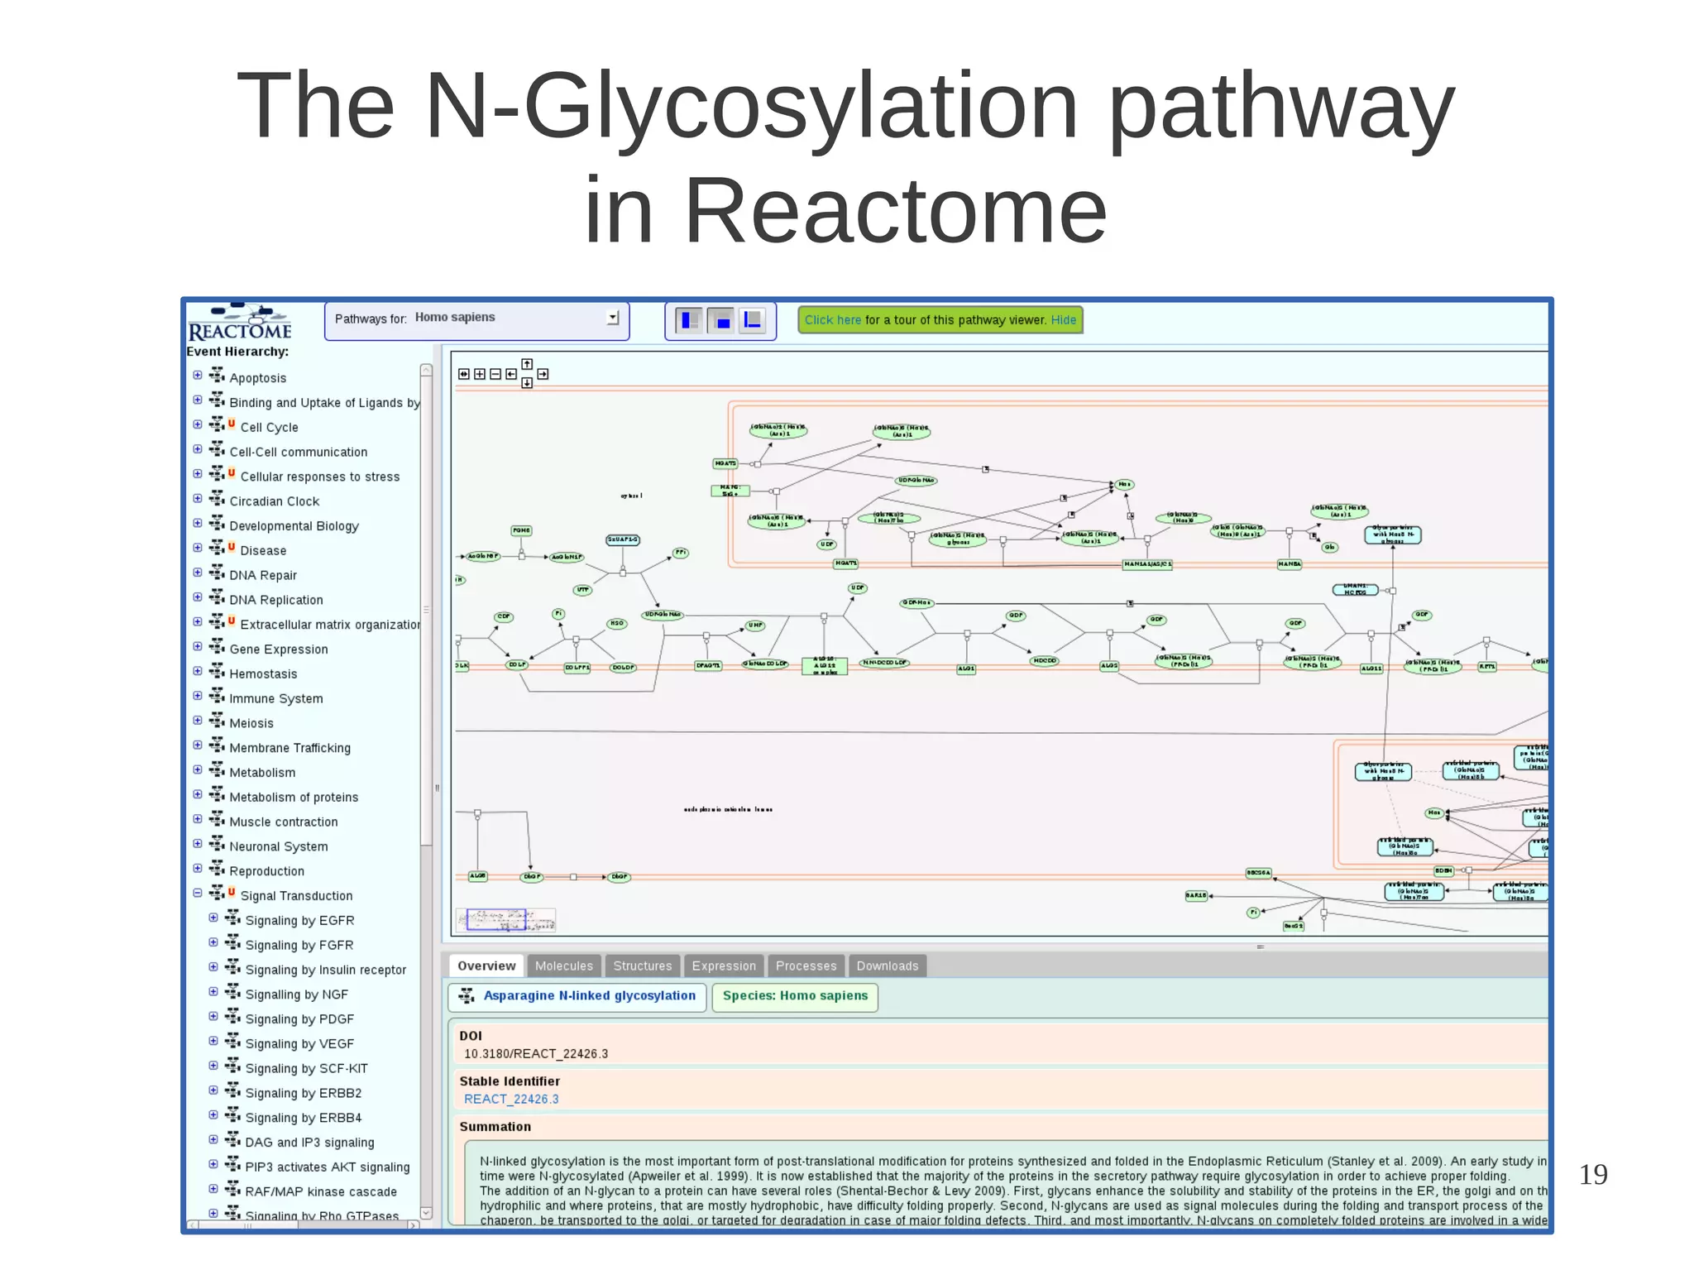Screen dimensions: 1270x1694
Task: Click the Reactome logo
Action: (240, 323)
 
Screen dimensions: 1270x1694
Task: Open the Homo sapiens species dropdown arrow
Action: (612, 318)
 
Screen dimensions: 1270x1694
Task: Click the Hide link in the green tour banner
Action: (1063, 320)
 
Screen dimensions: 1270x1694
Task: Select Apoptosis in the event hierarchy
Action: (257, 378)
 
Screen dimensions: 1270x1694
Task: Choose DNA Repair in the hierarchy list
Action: (262, 575)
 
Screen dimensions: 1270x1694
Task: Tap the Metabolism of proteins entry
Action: (293, 797)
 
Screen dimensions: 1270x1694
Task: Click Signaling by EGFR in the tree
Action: (299, 920)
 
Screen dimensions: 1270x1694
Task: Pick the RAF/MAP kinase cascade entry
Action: (320, 1191)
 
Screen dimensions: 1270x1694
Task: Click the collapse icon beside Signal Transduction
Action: (198, 894)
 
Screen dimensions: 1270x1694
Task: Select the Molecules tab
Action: (563, 966)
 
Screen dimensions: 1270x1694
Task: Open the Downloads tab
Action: (887, 966)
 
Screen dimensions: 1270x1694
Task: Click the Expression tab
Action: (724, 966)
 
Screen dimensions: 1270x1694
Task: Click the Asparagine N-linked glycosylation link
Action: (589, 995)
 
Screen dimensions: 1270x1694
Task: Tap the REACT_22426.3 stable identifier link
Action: (511, 1099)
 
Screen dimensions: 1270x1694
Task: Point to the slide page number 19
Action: (1592, 1174)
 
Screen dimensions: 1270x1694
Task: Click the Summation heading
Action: (495, 1127)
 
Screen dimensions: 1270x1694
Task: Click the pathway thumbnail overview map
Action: (505, 920)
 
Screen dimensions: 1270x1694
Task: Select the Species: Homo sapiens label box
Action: (794, 996)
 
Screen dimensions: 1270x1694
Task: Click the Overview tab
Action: (486, 966)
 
